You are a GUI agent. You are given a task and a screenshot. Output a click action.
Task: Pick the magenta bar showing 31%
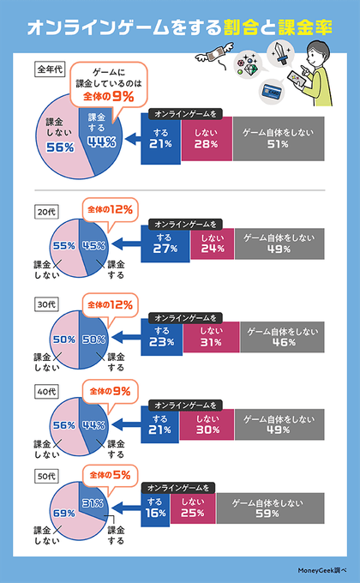point(206,335)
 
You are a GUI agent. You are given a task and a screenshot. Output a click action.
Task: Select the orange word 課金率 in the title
point(301,27)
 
